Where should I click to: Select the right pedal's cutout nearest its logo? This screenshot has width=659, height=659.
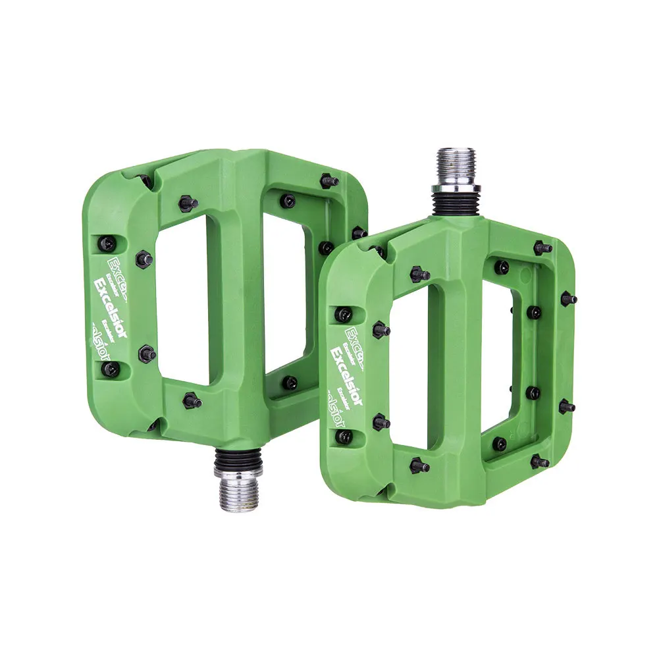[409, 369]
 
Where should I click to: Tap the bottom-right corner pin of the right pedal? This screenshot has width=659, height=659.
[540, 461]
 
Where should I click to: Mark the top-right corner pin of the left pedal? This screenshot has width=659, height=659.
[329, 180]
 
